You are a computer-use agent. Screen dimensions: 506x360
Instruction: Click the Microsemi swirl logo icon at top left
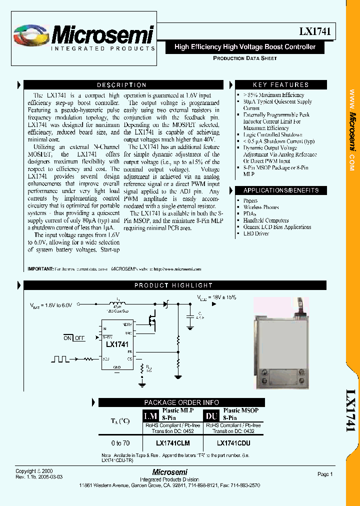pyautogui.click(x=30, y=36)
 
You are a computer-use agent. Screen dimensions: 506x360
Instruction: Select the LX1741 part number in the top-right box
pyautogui.click(x=314, y=31)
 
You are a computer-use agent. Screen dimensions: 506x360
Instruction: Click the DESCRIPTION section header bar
pyautogui.click(x=121, y=85)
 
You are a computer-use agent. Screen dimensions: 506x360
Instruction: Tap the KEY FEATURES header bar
pyautogui.click(x=280, y=85)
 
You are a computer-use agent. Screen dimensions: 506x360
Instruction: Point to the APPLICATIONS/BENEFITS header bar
pyautogui.click(x=280, y=190)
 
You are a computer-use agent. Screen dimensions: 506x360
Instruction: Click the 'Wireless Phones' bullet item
pyautogui.click(x=261, y=207)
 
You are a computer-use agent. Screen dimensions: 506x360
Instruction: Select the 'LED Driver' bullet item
pyautogui.click(x=255, y=233)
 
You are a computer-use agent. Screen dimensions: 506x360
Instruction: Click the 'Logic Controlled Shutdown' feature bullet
pyautogui.click(x=272, y=134)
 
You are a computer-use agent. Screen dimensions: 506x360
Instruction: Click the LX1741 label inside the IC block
pyautogui.click(x=117, y=344)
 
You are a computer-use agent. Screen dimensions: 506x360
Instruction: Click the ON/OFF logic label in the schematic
pyautogui.click(x=74, y=338)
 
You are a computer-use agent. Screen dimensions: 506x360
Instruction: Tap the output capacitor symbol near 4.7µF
pyautogui.click(x=189, y=316)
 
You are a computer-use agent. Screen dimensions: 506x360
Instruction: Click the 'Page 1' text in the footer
pyautogui.click(x=325, y=474)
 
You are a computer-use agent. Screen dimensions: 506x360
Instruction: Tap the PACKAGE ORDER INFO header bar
pyautogui.click(x=181, y=402)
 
